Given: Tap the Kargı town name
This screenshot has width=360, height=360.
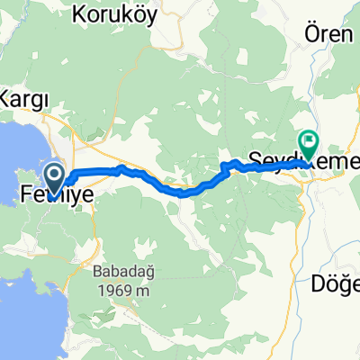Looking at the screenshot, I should pos(29,96).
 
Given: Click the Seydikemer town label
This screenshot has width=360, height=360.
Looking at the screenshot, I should pos(297,160).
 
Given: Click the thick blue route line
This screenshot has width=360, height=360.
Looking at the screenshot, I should pos(162,184).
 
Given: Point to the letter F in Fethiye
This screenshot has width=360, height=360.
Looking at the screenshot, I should pos(26,191).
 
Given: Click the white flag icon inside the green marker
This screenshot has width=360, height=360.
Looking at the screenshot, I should pos(310,140).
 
